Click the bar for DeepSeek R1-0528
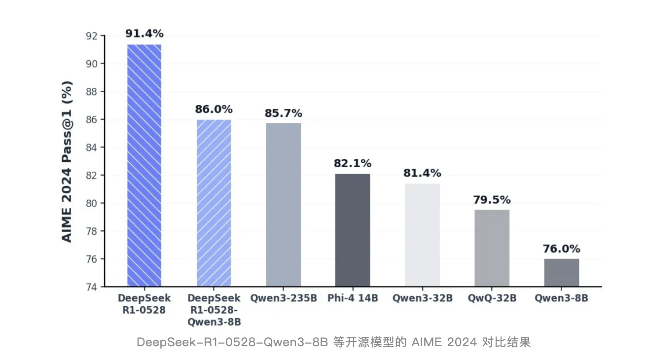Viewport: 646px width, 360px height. point(144,165)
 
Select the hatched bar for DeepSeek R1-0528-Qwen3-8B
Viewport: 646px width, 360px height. point(214,203)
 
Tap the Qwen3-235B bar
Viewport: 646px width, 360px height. point(283,205)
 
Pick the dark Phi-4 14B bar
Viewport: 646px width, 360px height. point(353,230)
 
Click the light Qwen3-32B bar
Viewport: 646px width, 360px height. point(422,235)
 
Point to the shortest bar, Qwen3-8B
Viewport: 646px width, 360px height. point(561,272)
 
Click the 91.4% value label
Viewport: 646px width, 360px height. point(144,34)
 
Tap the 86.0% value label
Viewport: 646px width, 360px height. point(214,109)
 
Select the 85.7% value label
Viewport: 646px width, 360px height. point(283,113)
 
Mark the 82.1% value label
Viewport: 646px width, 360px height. point(353,164)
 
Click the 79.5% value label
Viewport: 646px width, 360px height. point(492,200)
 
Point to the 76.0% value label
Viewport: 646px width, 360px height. point(561,249)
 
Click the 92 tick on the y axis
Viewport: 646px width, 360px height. point(92,36)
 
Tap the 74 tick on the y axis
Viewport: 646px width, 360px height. point(92,287)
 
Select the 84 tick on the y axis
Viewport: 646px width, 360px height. point(92,147)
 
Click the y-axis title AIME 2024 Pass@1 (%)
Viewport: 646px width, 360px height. point(67,161)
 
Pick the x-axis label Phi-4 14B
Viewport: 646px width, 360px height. point(353,298)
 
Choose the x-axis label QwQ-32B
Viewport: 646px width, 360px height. point(492,298)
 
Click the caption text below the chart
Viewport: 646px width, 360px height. point(333,342)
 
